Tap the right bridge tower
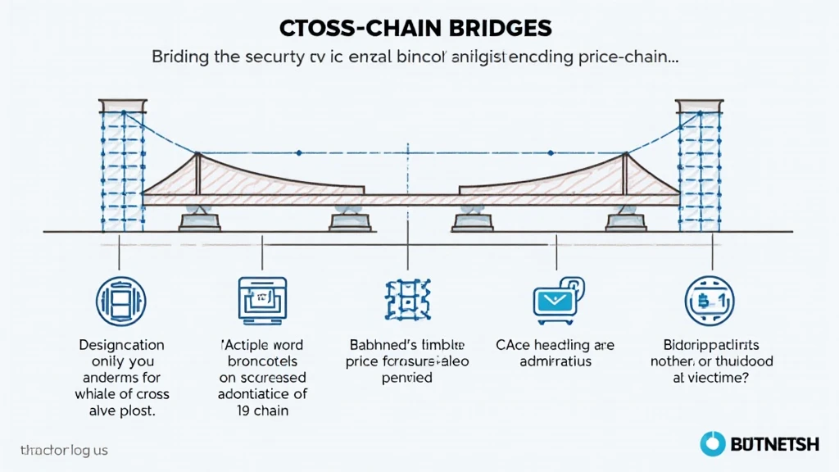click(699, 164)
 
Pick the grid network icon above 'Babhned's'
click(406, 297)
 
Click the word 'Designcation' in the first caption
click(121, 345)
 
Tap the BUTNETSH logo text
click(773, 444)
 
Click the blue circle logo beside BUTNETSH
click(712, 444)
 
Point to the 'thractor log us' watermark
click(64, 450)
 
